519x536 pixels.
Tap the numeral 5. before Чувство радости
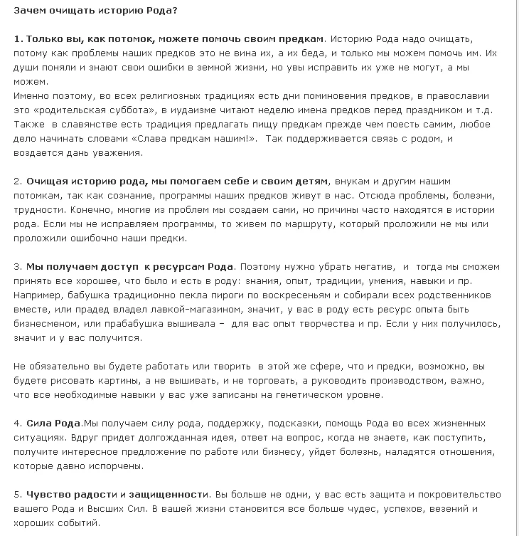[18, 493]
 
